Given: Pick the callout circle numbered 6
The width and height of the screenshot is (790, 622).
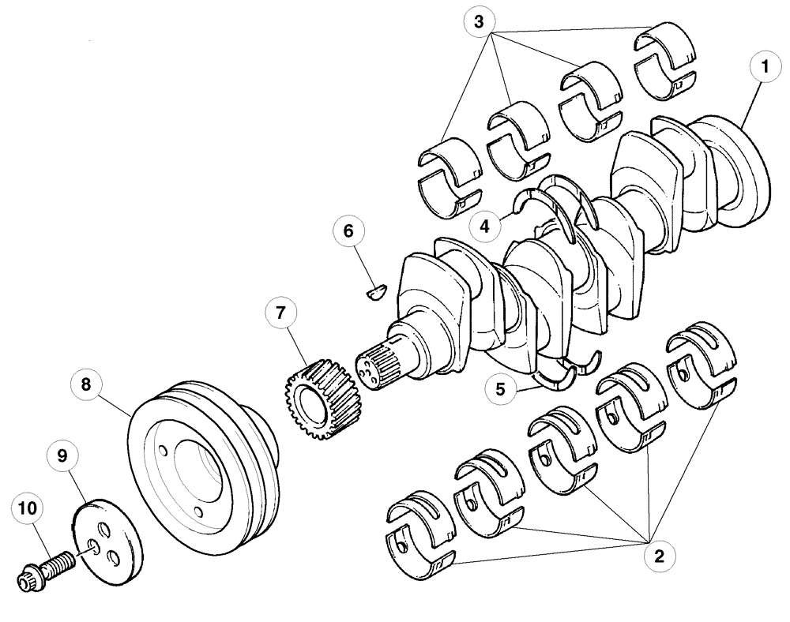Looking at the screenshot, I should click(x=349, y=232).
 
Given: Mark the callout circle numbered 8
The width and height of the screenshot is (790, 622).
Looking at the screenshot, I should click(x=87, y=385).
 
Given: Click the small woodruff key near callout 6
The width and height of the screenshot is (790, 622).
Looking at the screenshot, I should click(x=374, y=293).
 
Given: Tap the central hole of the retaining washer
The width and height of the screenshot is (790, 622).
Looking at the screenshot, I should click(x=92, y=547).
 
